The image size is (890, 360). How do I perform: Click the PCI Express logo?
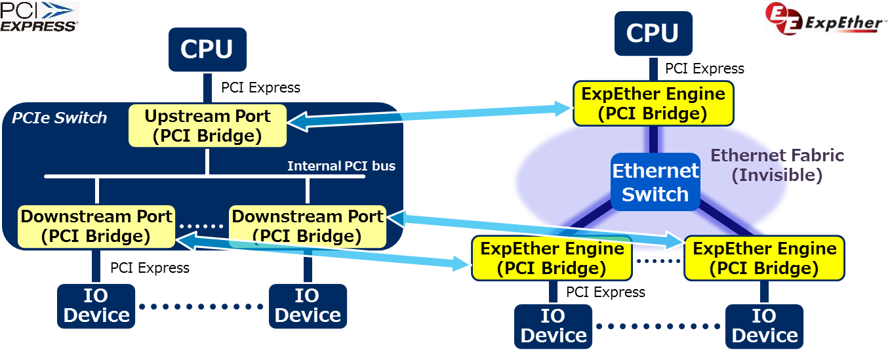39,16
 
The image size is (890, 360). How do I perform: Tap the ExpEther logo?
826,20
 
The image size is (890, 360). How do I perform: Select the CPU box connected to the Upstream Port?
207,49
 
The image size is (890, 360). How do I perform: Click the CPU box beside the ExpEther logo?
652,33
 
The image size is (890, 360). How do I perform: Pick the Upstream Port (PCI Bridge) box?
207,126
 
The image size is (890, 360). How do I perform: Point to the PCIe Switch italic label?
59,118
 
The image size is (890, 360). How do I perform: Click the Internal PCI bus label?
341,166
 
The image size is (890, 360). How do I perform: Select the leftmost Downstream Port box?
96,226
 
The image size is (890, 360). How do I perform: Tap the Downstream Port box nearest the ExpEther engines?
308,226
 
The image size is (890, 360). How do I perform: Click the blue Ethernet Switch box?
655,182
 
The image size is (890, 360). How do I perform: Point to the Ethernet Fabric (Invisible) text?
777,165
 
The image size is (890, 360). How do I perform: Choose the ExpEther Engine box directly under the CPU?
653,104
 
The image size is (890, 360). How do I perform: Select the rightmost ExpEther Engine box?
764,258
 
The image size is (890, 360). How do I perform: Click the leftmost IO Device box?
96,306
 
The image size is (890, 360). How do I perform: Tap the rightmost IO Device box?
764,325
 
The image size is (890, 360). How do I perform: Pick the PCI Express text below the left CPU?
260,87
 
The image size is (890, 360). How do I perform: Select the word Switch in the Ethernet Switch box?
655,195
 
